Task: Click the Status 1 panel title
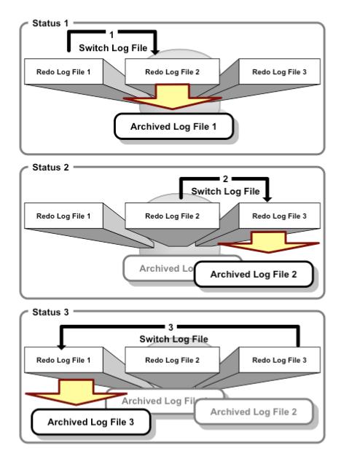(x=47, y=23)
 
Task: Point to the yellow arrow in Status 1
(x=172, y=99)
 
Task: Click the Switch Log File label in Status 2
(x=224, y=191)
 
